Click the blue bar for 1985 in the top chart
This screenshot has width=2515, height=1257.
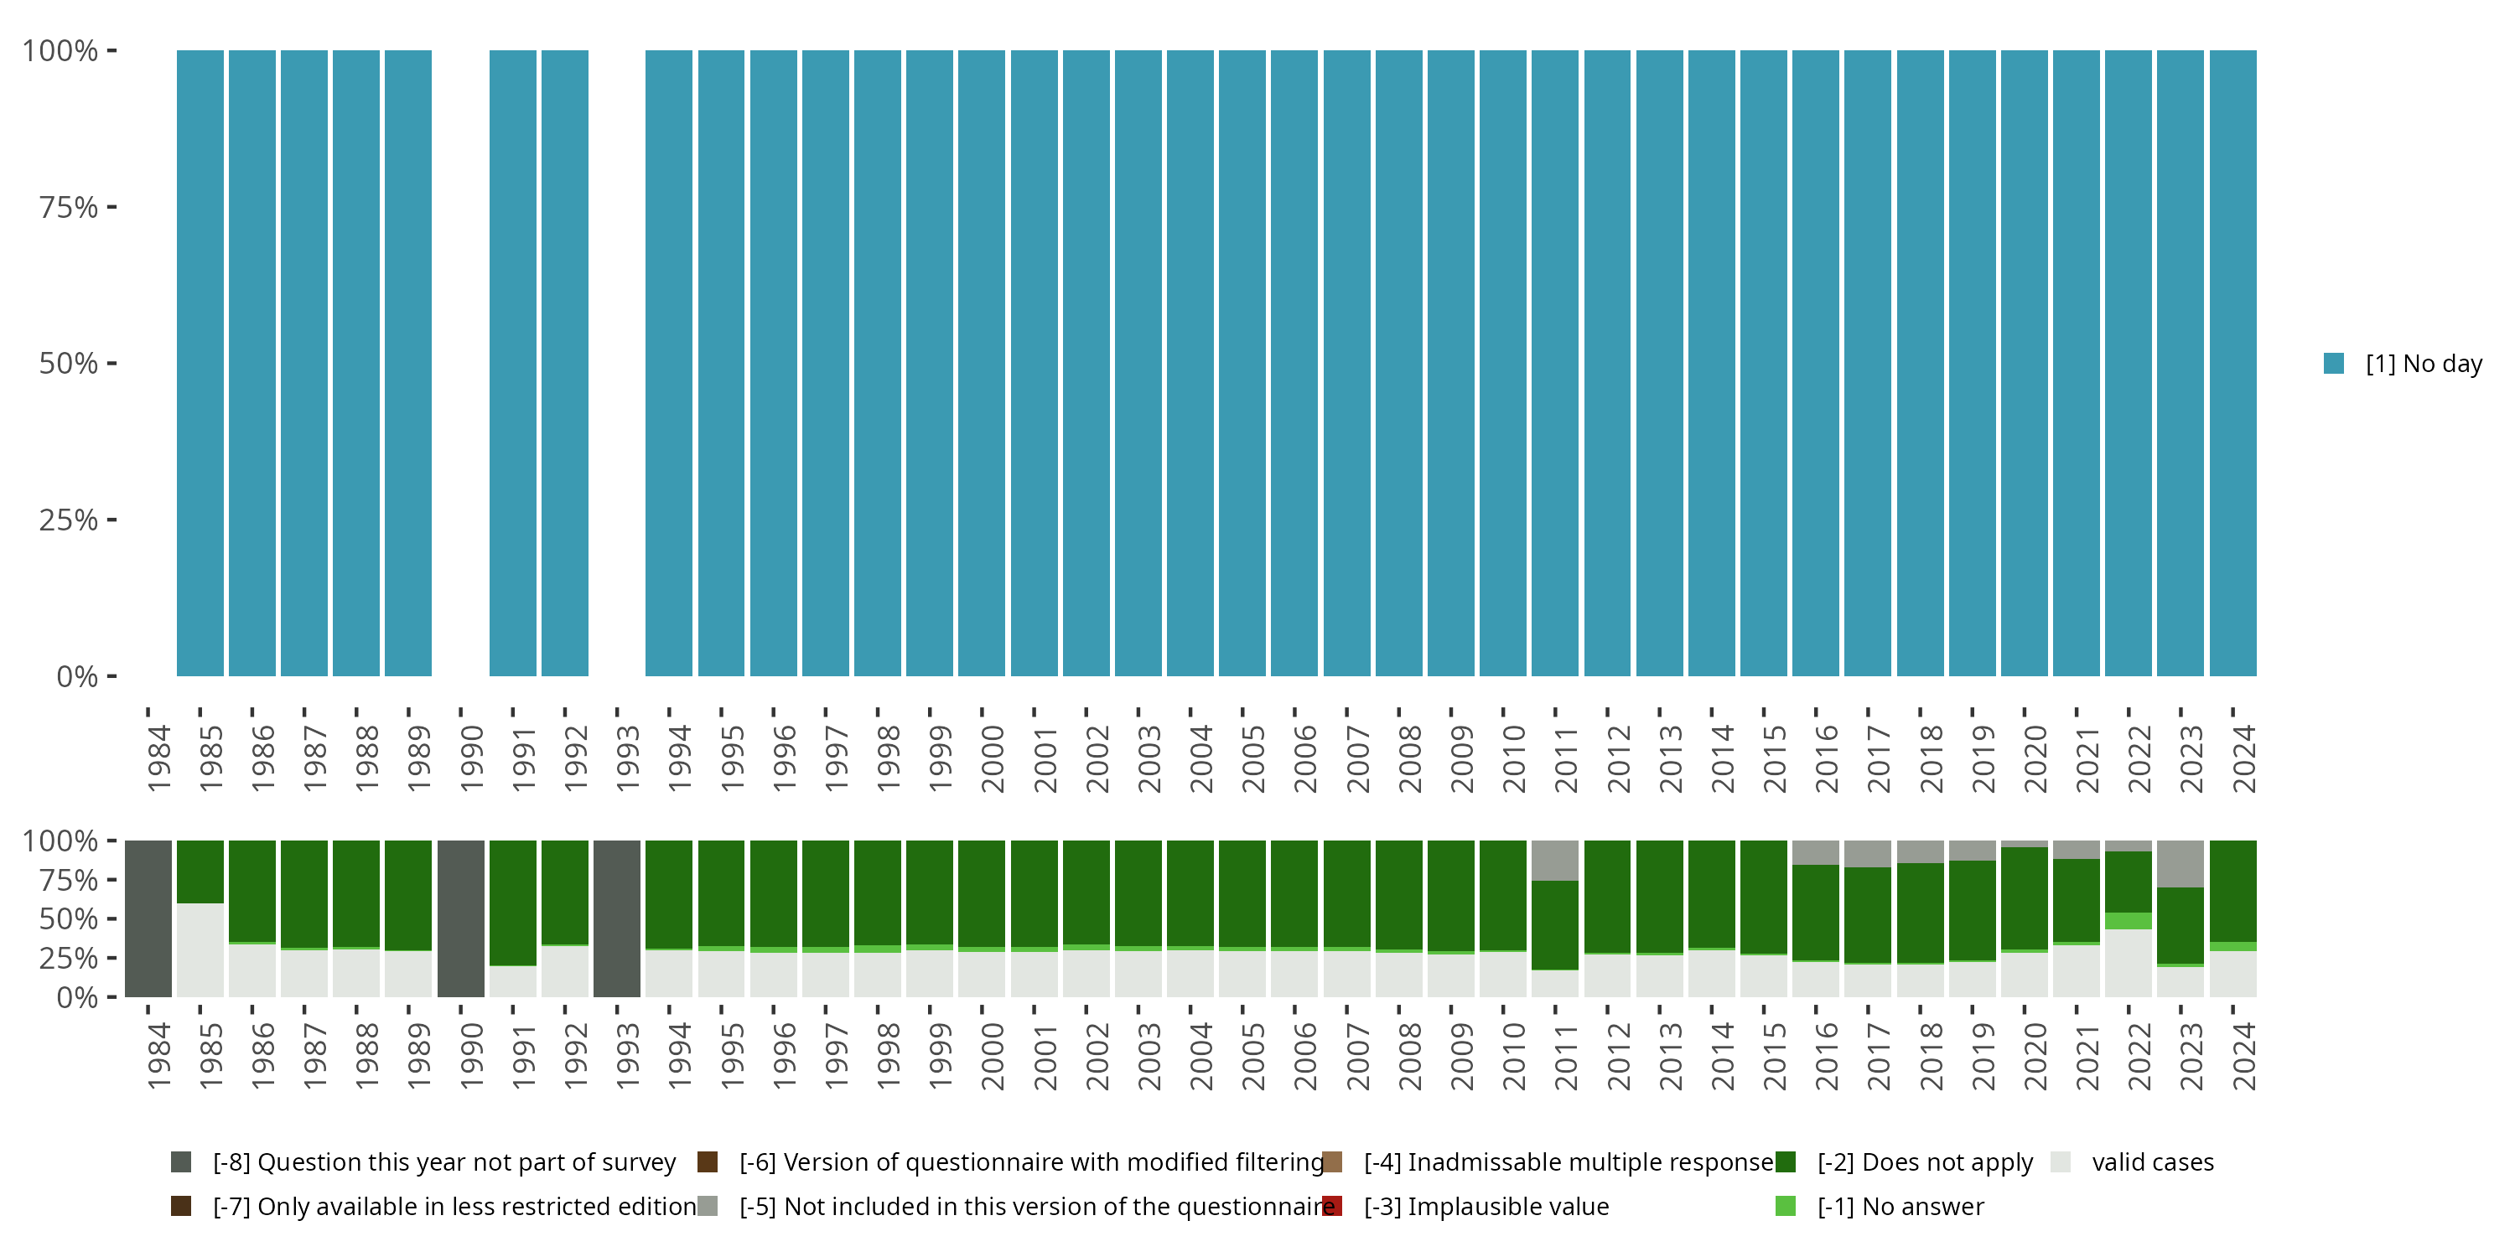point(200,363)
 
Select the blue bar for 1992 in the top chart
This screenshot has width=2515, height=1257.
point(565,363)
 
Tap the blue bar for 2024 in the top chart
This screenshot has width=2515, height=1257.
point(2232,363)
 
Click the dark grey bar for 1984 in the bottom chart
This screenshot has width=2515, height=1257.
point(148,918)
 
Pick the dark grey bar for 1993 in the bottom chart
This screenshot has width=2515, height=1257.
point(617,918)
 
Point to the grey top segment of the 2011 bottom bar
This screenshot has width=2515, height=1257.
point(1555,860)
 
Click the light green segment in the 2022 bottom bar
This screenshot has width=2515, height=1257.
point(2129,920)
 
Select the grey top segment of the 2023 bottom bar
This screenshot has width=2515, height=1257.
point(2181,863)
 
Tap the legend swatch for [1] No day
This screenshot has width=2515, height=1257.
point(2333,363)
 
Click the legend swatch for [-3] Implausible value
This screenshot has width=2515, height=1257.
point(1332,1206)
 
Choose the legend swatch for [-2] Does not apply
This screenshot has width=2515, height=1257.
point(1786,1161)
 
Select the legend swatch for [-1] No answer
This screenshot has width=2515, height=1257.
point(1786,1206)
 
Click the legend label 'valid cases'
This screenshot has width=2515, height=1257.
point(2153,1161)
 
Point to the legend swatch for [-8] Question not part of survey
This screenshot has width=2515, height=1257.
point(180,1161)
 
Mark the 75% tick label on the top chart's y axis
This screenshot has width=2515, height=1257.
point(69,207)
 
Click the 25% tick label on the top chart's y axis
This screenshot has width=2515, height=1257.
point(69,520)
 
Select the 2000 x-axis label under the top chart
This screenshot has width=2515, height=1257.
point(992,758)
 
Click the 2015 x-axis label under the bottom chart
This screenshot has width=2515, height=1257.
point(1774,1056)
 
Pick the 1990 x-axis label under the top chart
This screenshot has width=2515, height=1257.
point(471,758)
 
